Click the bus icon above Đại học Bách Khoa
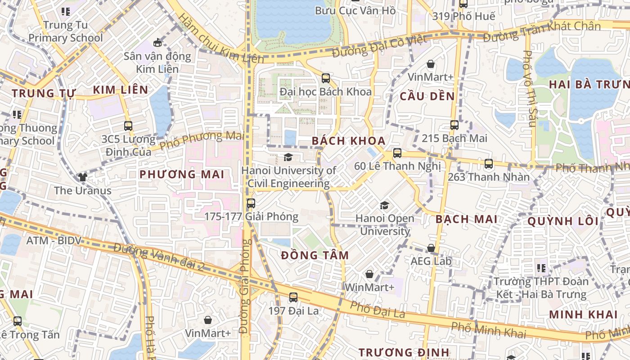[326, 78]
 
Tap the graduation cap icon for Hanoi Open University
[384, 206]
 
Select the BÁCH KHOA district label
[349, 141]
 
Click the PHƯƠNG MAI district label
[181, 174]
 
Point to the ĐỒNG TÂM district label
[315, 256]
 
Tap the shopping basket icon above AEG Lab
[431, 248]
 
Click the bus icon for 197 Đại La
[293, 297]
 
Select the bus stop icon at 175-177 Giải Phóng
[251, 203]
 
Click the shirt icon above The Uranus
[82, 177]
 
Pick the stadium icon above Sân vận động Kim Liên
[157, 43]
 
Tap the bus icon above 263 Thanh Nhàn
[489, 164]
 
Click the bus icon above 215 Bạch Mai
[454, 125]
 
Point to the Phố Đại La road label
[378, 310]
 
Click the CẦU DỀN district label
[427, 96]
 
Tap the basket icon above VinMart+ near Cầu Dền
[431, 64]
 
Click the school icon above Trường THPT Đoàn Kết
[541, 269]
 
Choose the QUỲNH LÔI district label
[563, 221]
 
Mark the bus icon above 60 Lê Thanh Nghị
[397, 153]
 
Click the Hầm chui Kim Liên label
[221, 38]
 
